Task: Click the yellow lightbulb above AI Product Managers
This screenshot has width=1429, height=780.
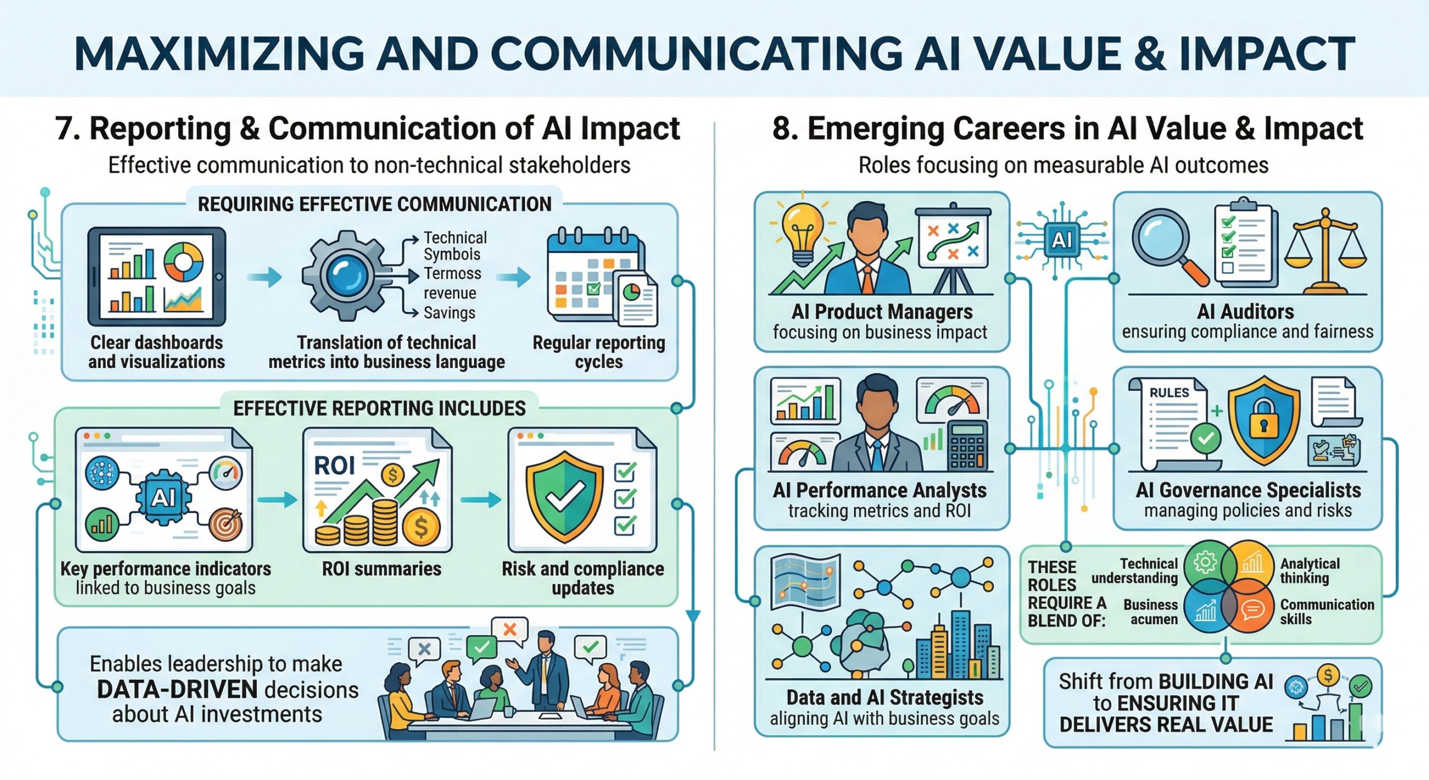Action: pos(802,233)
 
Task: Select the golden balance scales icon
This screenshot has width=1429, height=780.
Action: pos(1325,251)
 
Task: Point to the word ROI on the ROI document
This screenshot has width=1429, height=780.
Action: pos(334,465)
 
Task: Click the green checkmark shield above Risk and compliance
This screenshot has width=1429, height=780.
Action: pos(564,497)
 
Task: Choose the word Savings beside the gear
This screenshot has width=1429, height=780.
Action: pos(449,313)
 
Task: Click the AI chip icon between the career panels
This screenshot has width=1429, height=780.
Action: pos(1061,240)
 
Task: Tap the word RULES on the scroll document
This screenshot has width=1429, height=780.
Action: pos(1169,393)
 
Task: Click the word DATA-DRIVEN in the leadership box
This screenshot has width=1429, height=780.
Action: pos(177,689)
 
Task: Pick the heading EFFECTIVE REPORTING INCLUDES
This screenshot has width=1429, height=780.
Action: pos(380,408)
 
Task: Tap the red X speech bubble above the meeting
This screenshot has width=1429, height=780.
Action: pos(510,630)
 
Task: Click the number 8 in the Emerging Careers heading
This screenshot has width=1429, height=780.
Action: pos(780,129)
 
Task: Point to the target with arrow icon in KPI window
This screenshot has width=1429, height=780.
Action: pos(226,524)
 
